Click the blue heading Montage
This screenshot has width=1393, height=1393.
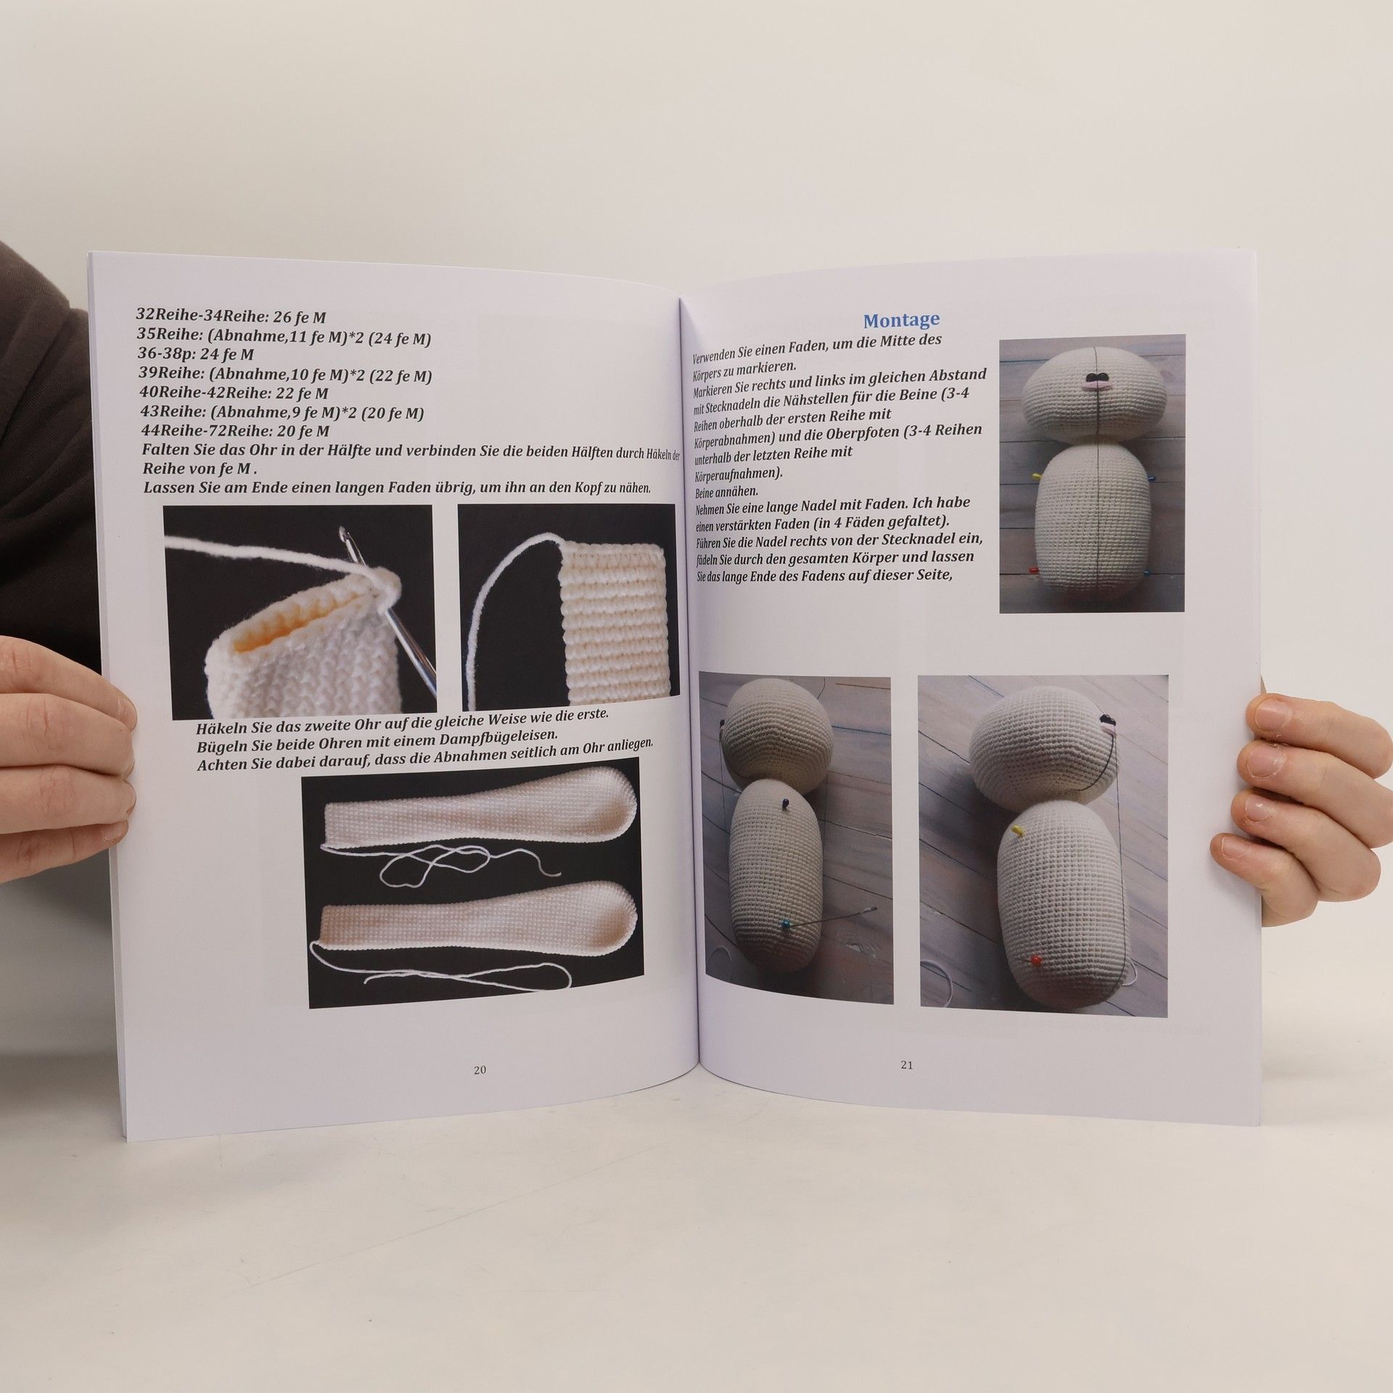click(x=901, y=320)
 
